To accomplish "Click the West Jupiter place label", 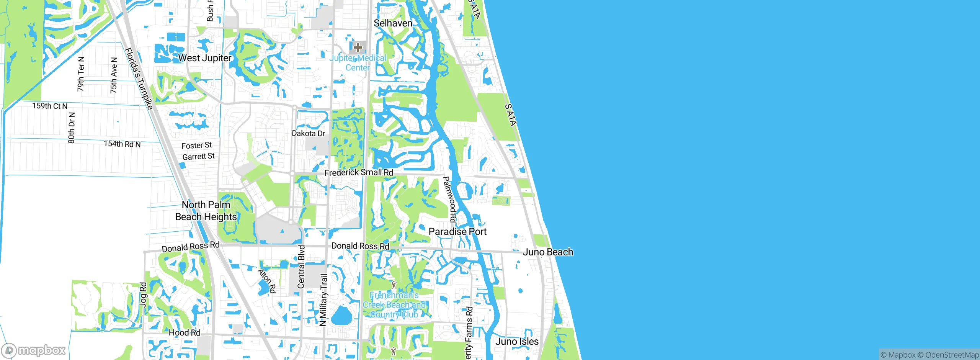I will click(205, 58).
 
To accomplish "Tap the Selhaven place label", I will click(393, 23).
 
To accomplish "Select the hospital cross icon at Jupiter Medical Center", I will click(358, 47).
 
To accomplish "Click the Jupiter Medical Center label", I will click(358, 63).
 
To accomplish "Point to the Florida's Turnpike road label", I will click(139, 79).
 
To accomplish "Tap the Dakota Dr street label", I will click(308, 133).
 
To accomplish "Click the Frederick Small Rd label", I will click(359, 173).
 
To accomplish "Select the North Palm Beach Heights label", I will click(206, 211).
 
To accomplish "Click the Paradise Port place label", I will click(457, 232).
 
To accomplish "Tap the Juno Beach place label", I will click(548, 252).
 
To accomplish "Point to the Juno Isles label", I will click(517, 342).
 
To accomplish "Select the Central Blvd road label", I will click(301, 267).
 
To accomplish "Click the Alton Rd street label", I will click(267, 281).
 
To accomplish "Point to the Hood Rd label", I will click(185, 333).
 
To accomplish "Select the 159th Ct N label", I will click(50, 106).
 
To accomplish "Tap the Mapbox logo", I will click(34, 350).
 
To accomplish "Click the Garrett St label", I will click(198, 157).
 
